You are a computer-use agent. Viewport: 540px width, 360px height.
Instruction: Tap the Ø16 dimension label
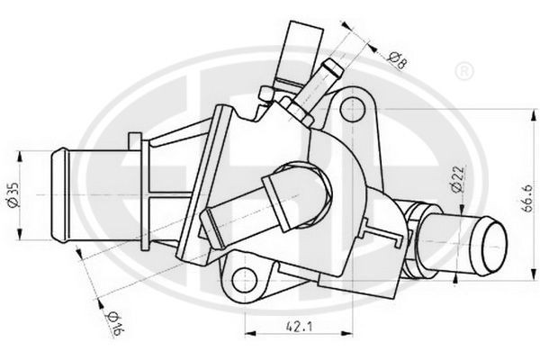pyautogui.click(x=114, y=324)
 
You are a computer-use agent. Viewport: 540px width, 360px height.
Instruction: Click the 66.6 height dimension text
pyautogui.click(x=526, y=198)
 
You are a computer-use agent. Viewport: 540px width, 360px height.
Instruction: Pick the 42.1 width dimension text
pyautogui.click(x=299, y=326)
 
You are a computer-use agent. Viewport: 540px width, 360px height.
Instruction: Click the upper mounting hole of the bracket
pyautogui.click(x=352, y=109)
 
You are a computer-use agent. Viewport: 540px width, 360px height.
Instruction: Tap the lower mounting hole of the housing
pyautogui.click(x=245, y=280)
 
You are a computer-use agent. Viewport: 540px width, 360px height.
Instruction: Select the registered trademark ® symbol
pyautogui.click(x=464, y=71)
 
